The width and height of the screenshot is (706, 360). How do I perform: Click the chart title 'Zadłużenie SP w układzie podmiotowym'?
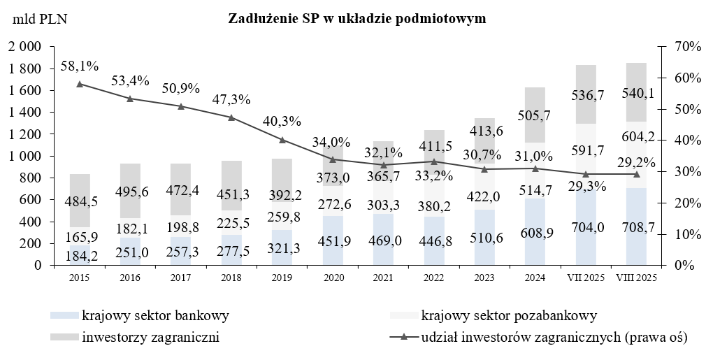[356, 19]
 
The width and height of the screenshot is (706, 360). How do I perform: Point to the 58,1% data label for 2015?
[79, 66]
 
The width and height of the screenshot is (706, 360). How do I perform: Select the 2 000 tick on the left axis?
[24, 47]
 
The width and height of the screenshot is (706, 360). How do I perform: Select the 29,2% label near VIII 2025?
[637, 162]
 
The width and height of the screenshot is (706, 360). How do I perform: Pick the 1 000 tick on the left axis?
[24, 156]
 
